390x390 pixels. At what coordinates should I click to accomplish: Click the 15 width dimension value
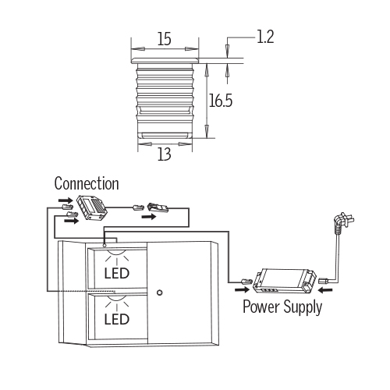click(x=165, y=39)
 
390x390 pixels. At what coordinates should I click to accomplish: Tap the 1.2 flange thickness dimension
click(x=265, y=37)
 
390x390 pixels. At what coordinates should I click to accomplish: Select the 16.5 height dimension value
click(x=221, y=101)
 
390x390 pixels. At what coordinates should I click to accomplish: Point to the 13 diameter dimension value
click(x=165, y=154)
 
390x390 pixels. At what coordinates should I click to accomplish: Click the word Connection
click(x=87, y=183)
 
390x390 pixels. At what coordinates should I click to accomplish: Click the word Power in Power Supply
click(x=261, y=307)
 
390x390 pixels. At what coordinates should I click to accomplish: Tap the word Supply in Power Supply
click(x=303, y=307)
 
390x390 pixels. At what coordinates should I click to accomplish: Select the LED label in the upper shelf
click(x=117, y=273)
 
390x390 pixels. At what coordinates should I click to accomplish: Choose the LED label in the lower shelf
click(x=117, y=319)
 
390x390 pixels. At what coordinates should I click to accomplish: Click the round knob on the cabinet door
click(x=160, y=292)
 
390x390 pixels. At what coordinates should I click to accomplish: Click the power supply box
click(x=285, y=281)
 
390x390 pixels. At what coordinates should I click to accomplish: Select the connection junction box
click(x=91, y=207)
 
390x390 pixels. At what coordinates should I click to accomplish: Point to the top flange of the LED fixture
click(x=165, y=61)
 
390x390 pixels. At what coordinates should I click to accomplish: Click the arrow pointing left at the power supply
click(x=326, y=289)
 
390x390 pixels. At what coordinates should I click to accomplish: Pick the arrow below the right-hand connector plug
click(x=149, y=217)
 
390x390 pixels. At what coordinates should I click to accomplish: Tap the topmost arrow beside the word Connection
click(x=66, y=200)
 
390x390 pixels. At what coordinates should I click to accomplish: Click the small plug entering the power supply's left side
click(x=246, y=282)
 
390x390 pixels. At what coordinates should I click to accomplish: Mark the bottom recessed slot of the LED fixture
click(x=165, y=135)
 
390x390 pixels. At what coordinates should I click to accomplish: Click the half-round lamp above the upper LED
click(x=117, y=253)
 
